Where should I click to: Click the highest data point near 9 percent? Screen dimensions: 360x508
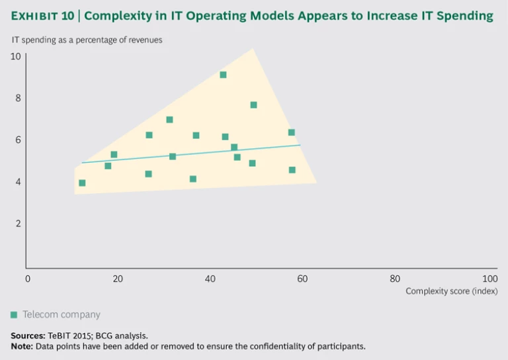point(223,75)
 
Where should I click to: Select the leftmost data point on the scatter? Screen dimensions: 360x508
point(82,183)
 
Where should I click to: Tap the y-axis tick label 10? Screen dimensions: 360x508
point(16,56)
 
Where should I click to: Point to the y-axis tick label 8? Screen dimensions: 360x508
point(18,98)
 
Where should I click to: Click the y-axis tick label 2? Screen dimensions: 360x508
point(18,223)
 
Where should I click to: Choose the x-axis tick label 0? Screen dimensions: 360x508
point(28,279)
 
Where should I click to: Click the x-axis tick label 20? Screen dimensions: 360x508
point(118,279)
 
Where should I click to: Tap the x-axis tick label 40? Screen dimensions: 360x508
point(210,279)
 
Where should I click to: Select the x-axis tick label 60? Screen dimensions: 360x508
point(302,279)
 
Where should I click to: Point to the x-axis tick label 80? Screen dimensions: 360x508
point(395,279)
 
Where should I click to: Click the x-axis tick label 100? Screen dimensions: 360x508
point(490,279)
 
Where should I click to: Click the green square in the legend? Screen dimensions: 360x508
point(14,315)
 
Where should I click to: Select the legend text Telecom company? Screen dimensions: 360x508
point(62,315)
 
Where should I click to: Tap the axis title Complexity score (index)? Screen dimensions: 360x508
point(451,291)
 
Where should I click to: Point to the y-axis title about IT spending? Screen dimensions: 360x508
point(87,40)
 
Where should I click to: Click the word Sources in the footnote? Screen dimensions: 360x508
point(26,336)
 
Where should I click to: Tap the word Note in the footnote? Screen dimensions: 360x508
point(21,346)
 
